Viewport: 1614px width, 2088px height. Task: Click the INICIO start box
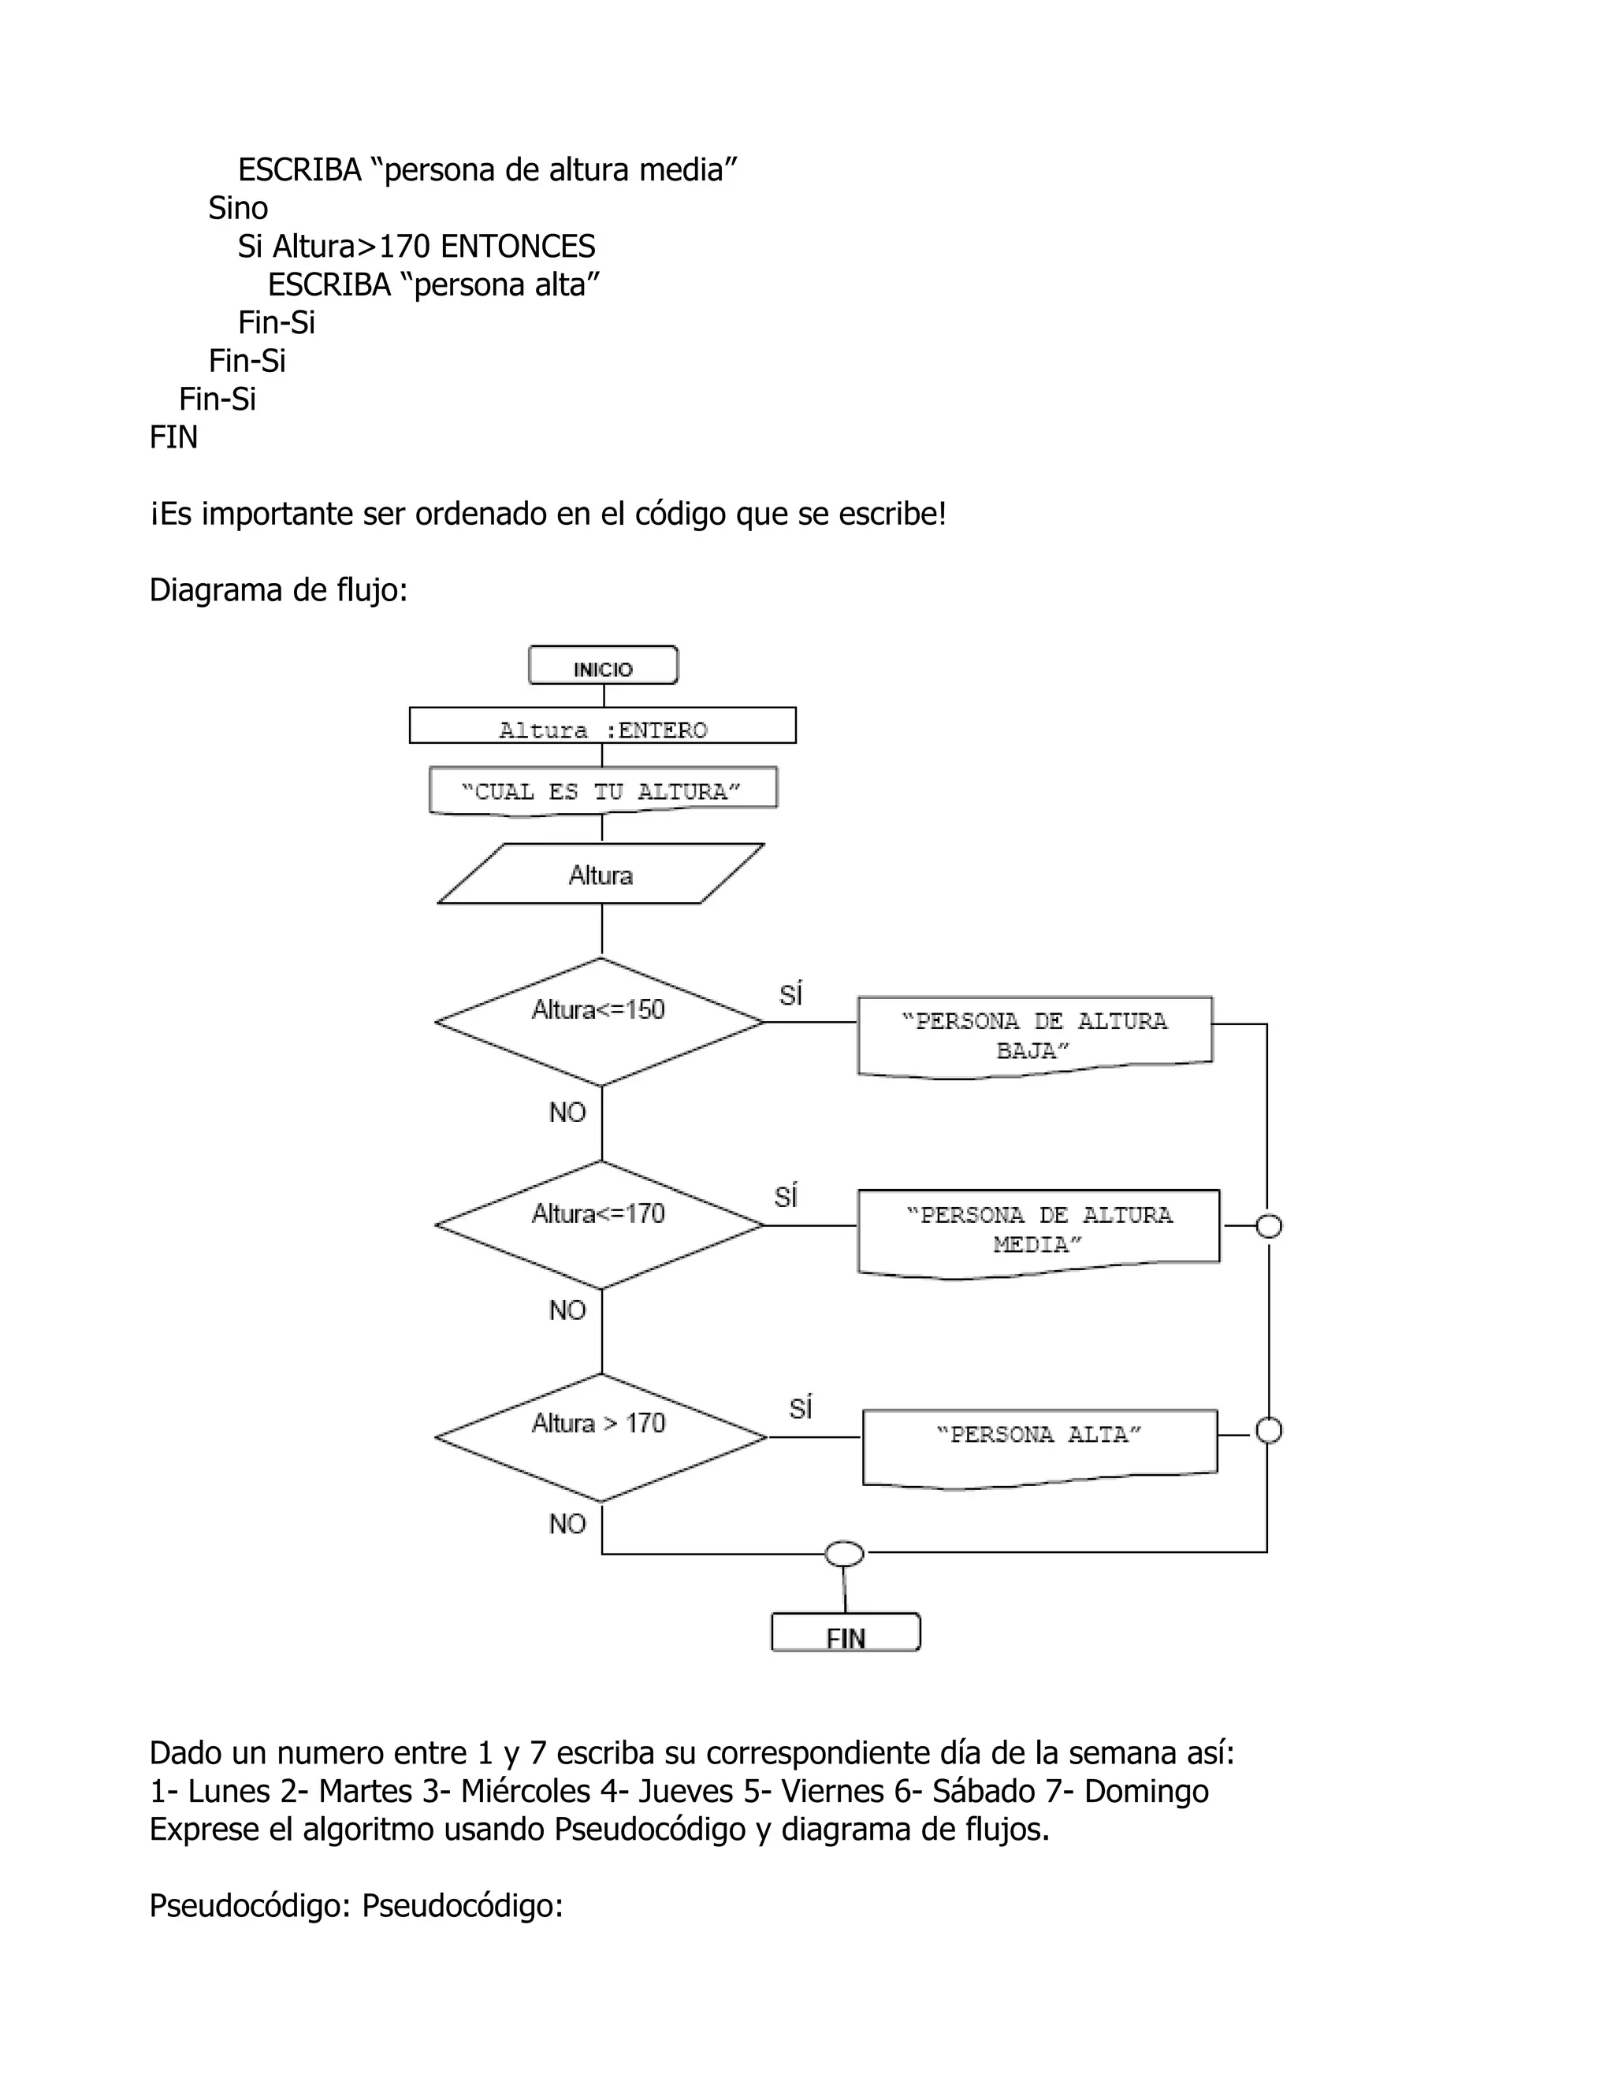[604, 666]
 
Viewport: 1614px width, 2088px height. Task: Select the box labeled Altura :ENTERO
[602, 726]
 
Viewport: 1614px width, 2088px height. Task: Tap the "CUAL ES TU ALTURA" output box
[602, 790]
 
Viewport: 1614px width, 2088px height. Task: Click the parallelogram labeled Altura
[601, 874]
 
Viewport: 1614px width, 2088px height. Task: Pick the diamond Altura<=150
[600, 1021]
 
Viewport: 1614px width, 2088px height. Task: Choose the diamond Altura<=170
[600, 1224]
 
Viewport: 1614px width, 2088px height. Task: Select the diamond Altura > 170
[601, 1437]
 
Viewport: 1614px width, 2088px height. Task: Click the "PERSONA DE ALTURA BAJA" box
[1035, 1036]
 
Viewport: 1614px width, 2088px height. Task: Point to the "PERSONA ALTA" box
[1039, 1447]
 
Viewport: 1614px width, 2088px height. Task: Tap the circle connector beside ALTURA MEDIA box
[1268, 1226]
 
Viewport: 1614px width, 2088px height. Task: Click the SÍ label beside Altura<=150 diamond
[790, 994]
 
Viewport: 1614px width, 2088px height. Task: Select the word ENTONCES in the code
[517, 247]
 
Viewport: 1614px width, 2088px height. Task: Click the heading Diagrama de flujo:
[278, 591]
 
